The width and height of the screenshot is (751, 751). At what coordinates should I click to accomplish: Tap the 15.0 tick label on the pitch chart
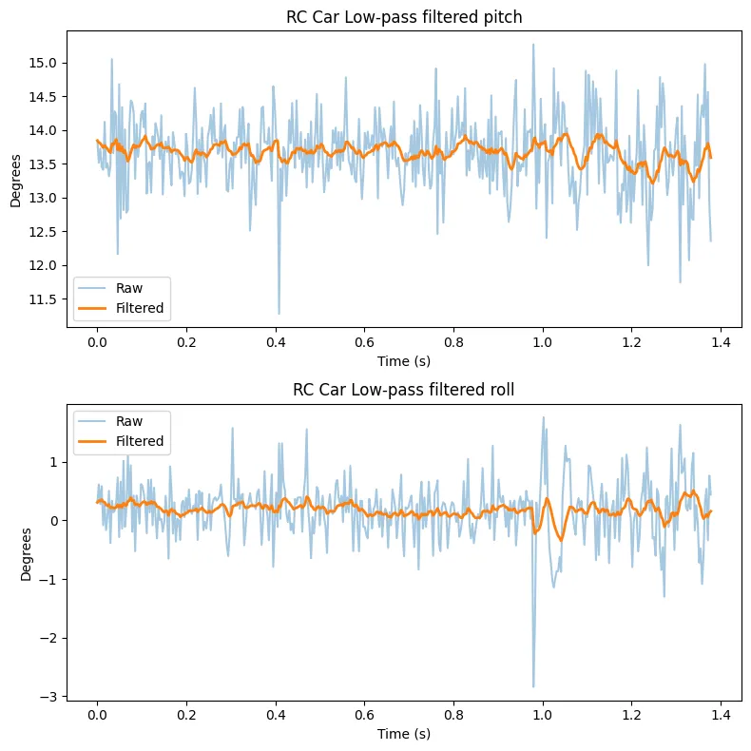(43, 63)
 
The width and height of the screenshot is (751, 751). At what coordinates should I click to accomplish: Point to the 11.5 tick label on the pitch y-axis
(43, 299)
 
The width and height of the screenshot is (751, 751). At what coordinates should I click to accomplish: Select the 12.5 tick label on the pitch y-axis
(43, 232)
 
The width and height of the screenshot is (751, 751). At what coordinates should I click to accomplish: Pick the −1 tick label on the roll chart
(49, 579)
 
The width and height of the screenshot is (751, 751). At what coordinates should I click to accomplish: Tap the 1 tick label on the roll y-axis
(54, 462)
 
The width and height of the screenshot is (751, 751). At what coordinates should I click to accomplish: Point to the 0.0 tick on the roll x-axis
(96, 715)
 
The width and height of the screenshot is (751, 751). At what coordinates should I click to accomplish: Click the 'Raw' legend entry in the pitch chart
(129, 287)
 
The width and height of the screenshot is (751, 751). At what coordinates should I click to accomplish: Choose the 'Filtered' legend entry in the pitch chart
(140, 308)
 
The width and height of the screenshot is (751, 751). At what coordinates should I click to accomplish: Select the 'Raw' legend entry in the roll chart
(129, 421)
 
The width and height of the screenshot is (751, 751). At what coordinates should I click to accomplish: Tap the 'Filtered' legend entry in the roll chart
(140, 441)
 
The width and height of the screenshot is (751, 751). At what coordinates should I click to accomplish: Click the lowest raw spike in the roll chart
(533, 686)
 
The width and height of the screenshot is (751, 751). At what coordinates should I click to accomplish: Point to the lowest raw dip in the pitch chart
(279, 313)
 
